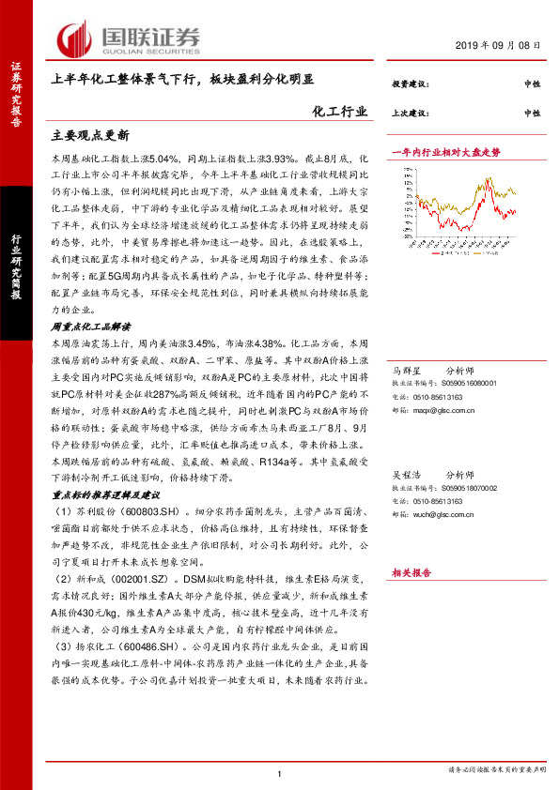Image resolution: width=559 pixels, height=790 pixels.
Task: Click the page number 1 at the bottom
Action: [x=279, y=773]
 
